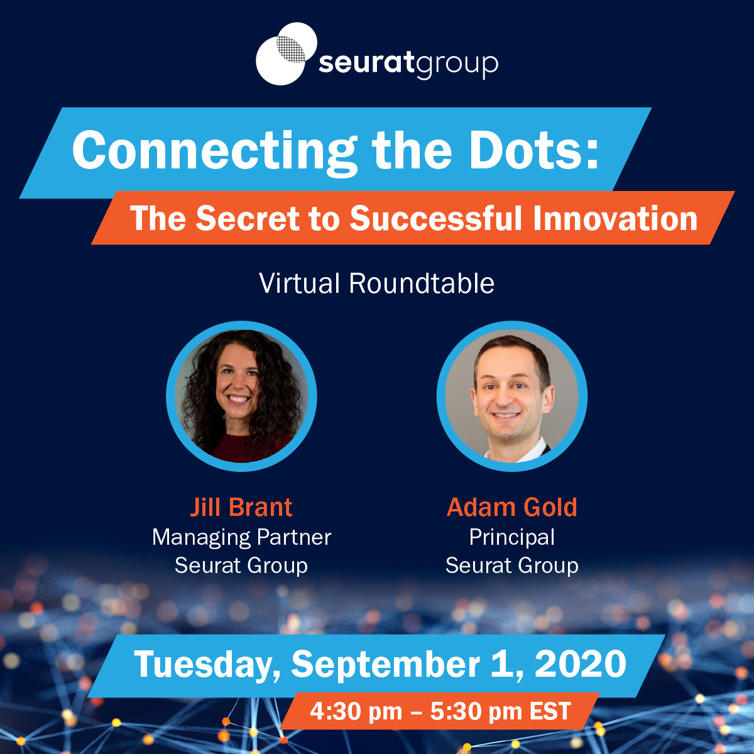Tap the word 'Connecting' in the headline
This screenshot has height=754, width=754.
point(214,151)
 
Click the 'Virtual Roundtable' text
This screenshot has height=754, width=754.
point(376,283)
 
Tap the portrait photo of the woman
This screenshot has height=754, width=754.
point(241,396)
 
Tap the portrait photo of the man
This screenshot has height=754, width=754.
point(512,396)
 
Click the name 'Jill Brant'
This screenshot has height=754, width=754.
point(241,507)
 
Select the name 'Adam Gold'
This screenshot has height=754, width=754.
point(512,507)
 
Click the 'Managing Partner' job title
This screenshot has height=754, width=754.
point(241,537)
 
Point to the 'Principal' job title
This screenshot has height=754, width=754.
point(512,537)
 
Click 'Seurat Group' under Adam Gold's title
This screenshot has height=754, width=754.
point(512,565)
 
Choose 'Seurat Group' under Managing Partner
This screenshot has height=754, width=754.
point(241,565)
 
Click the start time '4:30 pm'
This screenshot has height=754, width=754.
point(356,712)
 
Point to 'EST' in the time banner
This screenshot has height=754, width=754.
point(550,711)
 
